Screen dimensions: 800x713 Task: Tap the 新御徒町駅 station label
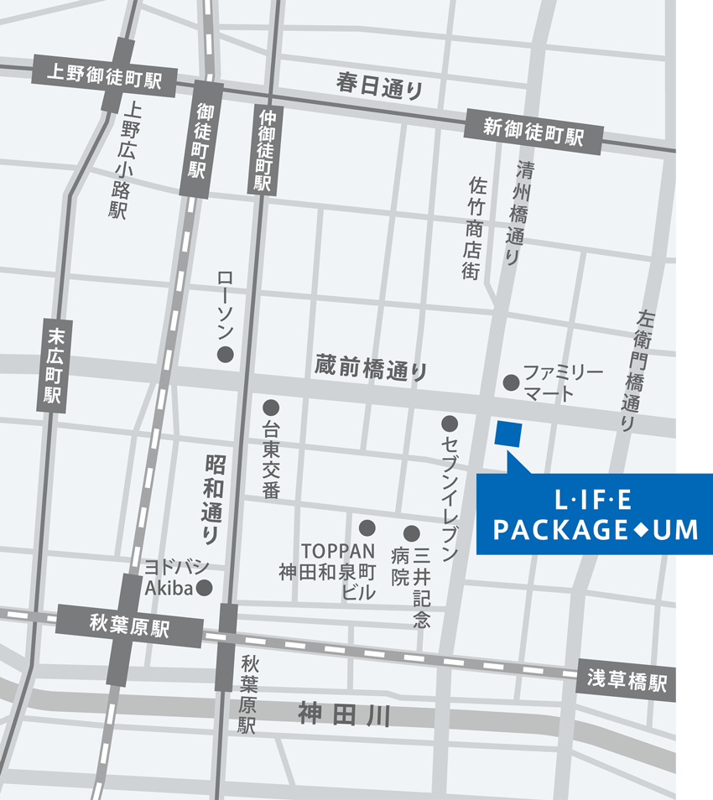[x=533, y=133]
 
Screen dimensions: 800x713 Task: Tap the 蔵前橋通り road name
[x=372, y=368]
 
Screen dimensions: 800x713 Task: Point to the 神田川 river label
[x=345, y=715]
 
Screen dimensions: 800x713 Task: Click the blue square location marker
[x=508, y=433]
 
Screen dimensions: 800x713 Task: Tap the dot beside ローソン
[x=225, y=355]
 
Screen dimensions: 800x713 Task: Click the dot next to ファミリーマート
[x=510, y=382]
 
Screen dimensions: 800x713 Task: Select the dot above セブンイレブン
[x=450, y=423]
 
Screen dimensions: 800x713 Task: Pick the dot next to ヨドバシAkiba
[x=204, y=587]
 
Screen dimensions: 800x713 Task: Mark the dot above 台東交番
[x=270, y=408]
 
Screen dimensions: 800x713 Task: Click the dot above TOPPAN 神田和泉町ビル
[x=367, y=527]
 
